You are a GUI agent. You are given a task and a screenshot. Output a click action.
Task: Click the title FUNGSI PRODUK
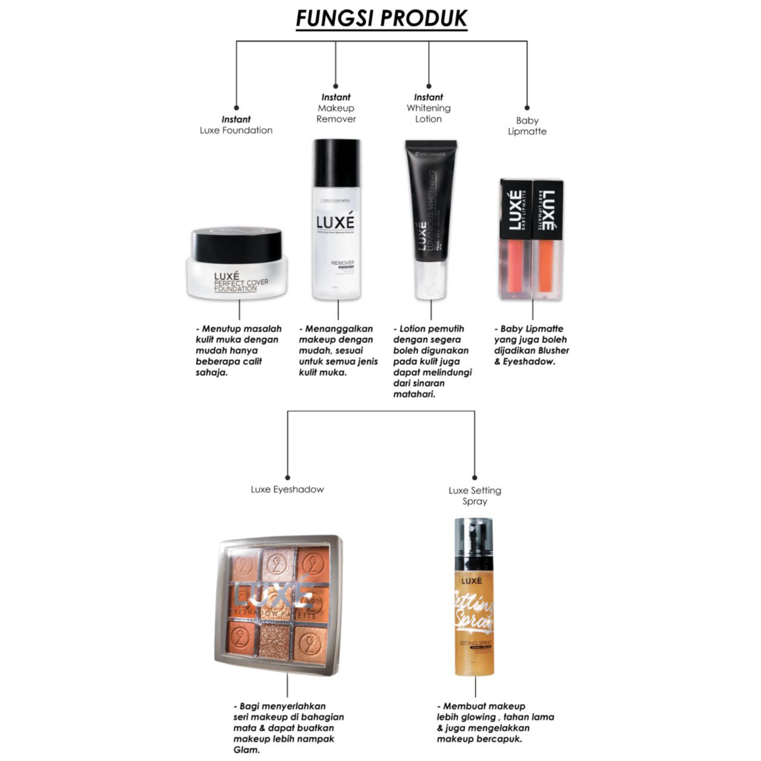(x=382, y=18)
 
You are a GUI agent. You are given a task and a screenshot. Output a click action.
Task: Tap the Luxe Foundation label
(x=236, y=125)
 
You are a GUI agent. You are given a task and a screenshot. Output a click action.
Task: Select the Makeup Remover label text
(x=336, y=108)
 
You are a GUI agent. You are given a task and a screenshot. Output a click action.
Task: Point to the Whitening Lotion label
(x=428, y=108)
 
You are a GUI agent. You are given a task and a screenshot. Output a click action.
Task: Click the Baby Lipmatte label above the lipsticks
(x=527, y=126)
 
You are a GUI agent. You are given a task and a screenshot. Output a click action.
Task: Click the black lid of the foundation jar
(x=237, y=243)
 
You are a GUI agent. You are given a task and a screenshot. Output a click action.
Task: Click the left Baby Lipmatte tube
(x=515, y=238)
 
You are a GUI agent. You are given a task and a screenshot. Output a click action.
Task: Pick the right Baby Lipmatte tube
(x=548, y=238)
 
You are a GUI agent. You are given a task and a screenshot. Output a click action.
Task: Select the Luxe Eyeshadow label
(x=287, y=489)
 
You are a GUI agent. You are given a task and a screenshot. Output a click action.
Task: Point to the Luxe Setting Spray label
(x=474, y=496)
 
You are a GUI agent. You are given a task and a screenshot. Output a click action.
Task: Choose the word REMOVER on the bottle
(x=342, y=262)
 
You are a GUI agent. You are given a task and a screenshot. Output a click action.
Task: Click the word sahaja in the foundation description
(x=212, y=372)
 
